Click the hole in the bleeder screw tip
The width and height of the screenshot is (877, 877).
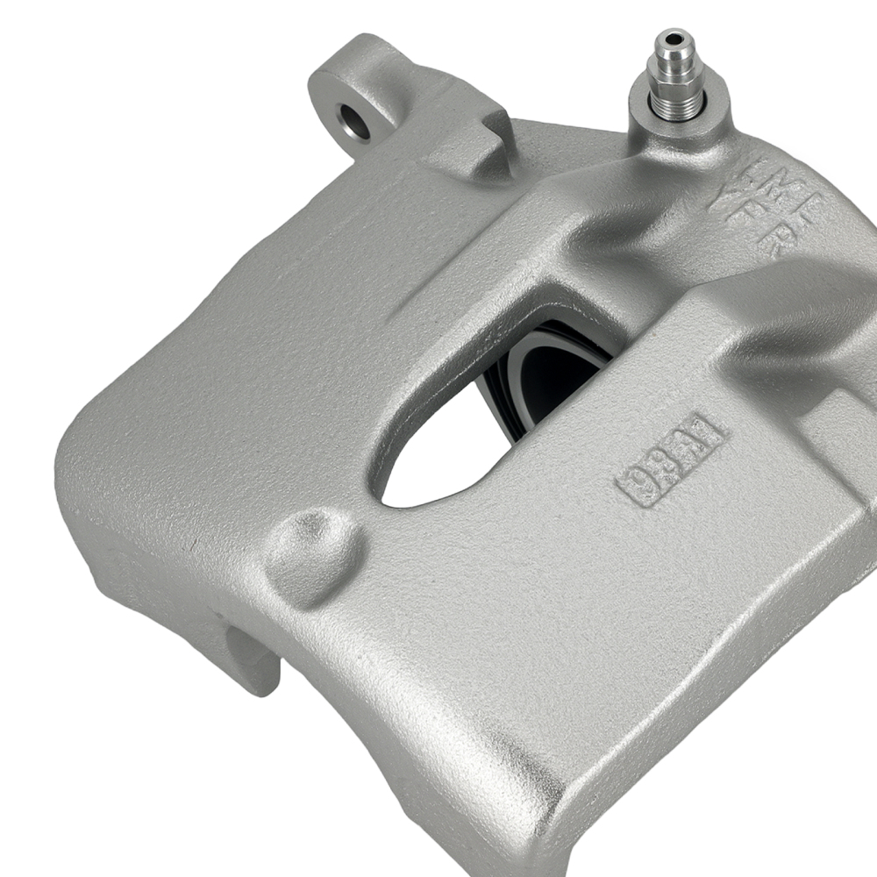tap(674, 38)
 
